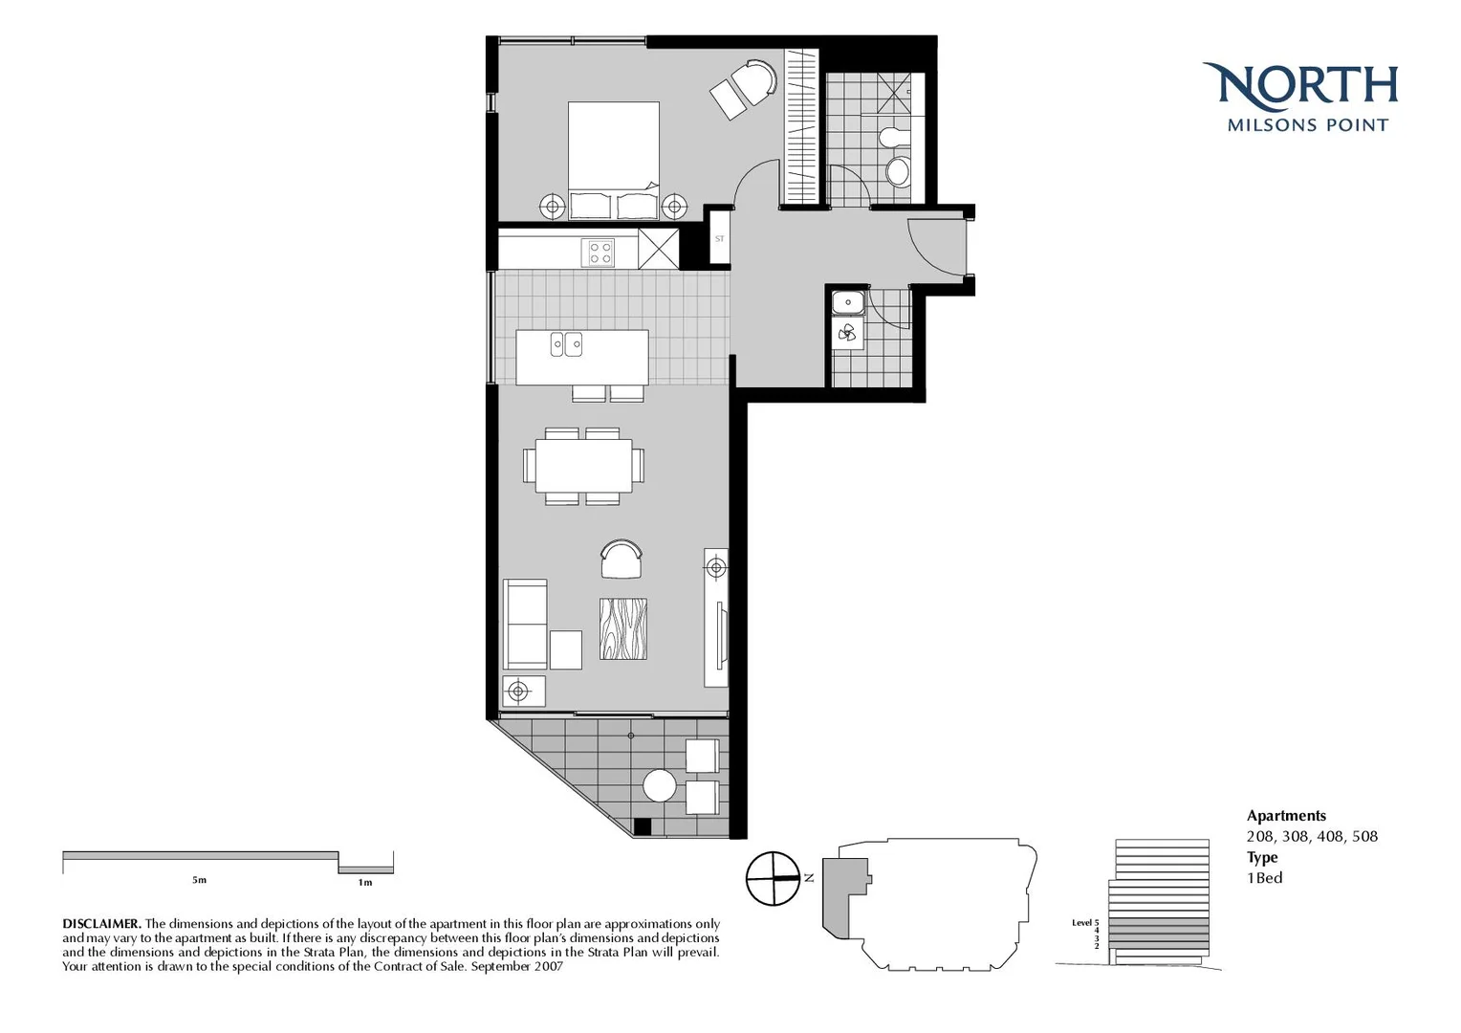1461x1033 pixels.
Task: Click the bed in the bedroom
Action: pos(613,158)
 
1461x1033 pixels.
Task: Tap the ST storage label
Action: pos(719,239)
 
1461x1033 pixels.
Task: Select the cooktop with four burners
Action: pos(600,253)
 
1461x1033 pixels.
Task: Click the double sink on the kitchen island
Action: pos(566,344)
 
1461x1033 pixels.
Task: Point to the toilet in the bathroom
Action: pos(898,170)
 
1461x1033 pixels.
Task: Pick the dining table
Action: pos(583,466)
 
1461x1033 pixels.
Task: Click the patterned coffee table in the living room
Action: pos(623,628)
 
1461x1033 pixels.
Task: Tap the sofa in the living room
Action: pos(524,624)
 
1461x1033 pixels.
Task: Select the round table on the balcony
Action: pos(660,786)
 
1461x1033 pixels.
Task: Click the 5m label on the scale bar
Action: pos(199,880)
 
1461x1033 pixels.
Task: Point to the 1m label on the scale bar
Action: pos(365,882)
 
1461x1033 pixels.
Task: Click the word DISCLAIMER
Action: pos(101,924)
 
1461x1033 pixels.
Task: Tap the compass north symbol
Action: pos(773,878)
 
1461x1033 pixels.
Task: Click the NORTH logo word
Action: pos(1300,86)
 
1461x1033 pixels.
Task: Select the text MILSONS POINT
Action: pos(1307,125)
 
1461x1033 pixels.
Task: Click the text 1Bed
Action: pos(1265,878)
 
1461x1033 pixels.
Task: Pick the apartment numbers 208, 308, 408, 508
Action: pos(1312,837)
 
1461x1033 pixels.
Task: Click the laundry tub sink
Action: pos(848,303)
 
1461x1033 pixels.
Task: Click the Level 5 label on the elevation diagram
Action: pos(1085,923)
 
